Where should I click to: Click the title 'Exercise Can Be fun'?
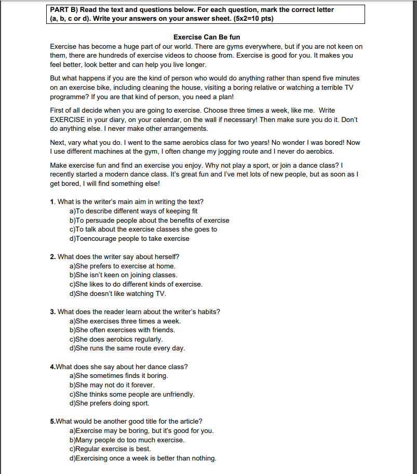tap(207, 37)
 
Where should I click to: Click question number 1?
tap(52, 201)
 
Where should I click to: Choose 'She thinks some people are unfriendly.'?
tap(132, 394)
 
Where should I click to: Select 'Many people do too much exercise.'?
tap(127, 440)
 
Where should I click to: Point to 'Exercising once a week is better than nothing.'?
tap(143, 458)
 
